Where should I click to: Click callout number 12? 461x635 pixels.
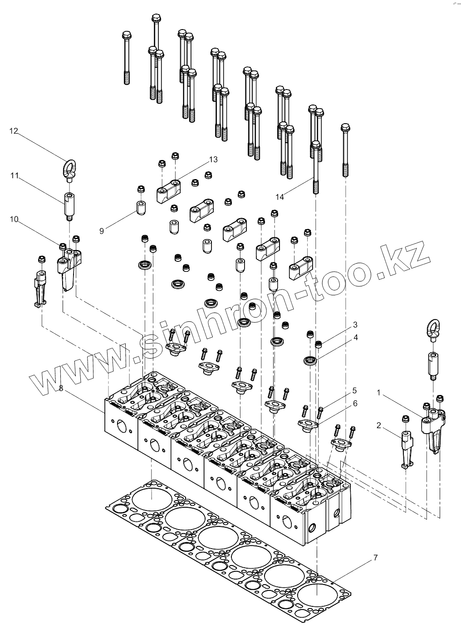[14, 131]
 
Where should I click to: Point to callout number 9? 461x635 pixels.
[102, 231]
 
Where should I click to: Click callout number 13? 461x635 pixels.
[213, 159]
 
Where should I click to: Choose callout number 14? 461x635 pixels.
[280, 197]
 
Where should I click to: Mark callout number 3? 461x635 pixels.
[355, 325]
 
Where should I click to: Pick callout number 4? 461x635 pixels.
[355, 337]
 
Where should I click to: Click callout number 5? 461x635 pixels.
[354, 390]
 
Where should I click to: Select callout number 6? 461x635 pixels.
[355, 403]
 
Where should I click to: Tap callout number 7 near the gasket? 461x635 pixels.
[375, 557]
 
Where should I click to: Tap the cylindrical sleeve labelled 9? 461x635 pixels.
[140, 207]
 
